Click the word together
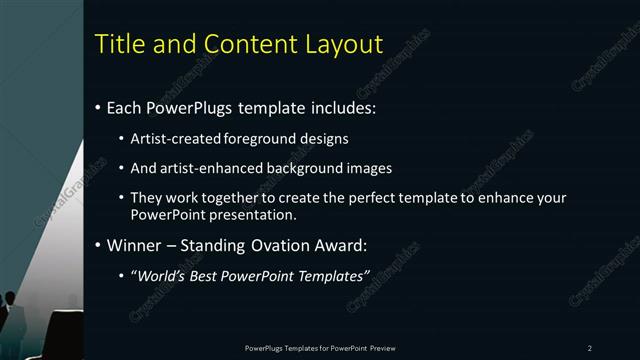(x=220, y=198)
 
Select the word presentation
(x=260, y=214)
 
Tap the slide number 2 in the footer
(x=590, y=347)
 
